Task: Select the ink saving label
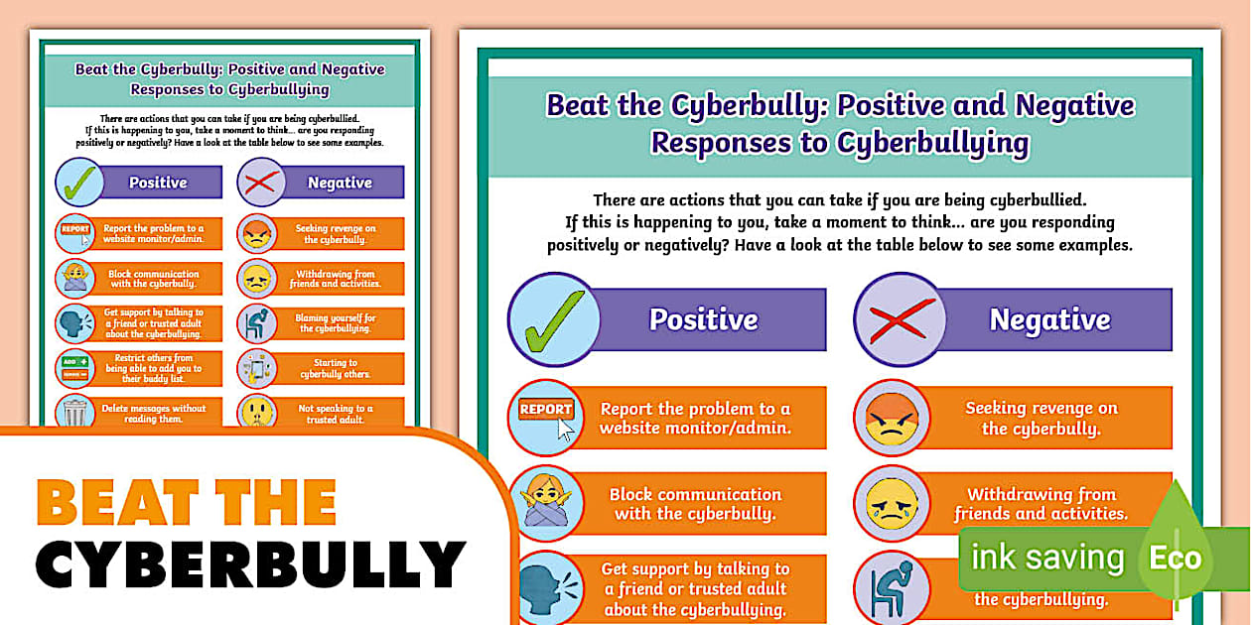[1046, 558]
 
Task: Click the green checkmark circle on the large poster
[553, 319]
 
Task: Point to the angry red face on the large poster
[893, 417]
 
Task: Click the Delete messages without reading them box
[153, 412]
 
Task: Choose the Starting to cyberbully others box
[335, 368]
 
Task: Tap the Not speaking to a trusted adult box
[335, 412]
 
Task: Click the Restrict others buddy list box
[153, 368]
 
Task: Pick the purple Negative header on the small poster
[339, 183]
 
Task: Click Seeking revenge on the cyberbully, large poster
[1041, 418]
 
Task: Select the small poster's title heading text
[229, 78]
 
